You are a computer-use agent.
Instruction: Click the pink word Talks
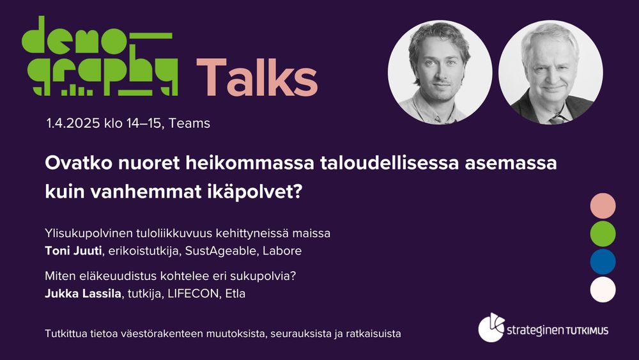[257, 77]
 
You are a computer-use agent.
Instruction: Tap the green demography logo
[100, 56]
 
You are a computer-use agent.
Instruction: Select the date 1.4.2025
[73, 123]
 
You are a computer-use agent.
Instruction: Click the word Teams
[190, 123]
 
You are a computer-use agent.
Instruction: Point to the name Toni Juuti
[73, 251]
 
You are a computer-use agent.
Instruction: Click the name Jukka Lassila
[83, 293]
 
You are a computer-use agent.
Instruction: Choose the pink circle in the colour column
[603, 206]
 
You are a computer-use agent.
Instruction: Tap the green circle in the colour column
[603, 233]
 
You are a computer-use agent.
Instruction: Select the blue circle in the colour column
[603, 262]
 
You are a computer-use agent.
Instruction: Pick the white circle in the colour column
[603, 290]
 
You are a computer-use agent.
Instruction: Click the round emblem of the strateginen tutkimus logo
[491, 328]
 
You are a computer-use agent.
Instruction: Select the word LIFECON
[193, 293]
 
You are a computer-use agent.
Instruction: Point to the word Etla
[236, 293]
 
